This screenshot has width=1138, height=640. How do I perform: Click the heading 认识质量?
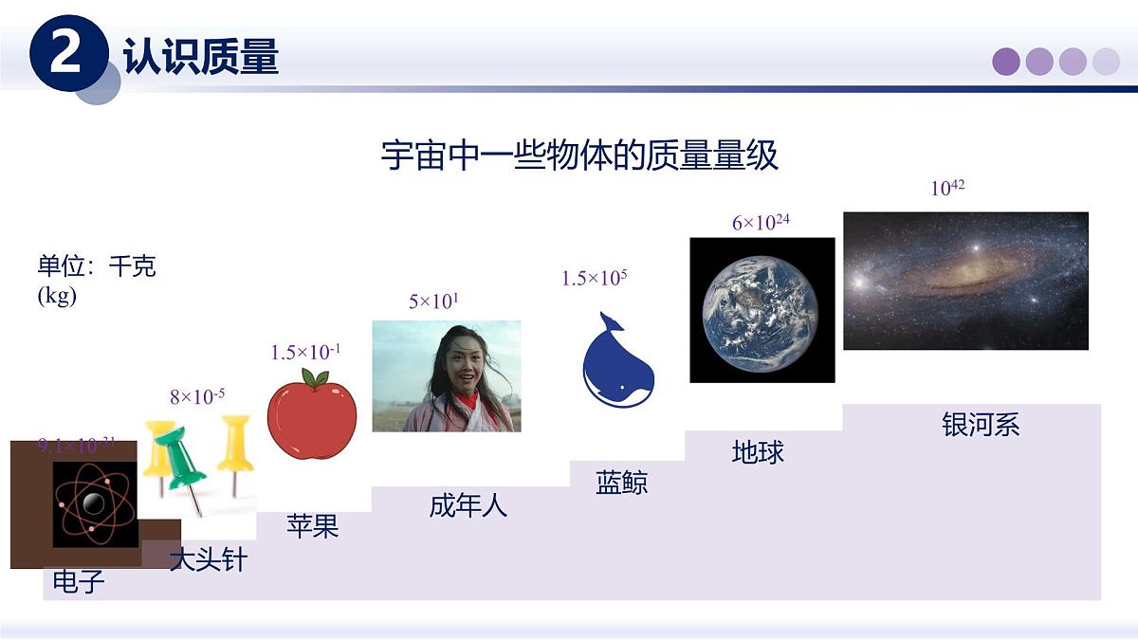201,57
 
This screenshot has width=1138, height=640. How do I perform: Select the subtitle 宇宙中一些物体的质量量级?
579,155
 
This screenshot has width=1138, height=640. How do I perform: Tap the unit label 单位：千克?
96,266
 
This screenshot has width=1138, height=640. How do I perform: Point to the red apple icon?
312,415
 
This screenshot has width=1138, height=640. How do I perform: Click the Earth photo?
762,310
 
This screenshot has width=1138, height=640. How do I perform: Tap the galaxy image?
965,281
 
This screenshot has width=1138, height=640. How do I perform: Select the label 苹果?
312,526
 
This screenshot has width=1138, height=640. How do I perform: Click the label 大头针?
208,559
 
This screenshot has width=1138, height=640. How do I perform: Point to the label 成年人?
468,505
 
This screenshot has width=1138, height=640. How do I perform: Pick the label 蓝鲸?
621,483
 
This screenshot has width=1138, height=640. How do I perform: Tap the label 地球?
758,451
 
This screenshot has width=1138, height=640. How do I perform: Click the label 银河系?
980,425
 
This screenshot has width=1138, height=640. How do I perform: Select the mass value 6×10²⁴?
761,223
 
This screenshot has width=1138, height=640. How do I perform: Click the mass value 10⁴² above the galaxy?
946,188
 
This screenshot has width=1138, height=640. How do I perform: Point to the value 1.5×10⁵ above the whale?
594,278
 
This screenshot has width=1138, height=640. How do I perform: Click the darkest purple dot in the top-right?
1005,62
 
